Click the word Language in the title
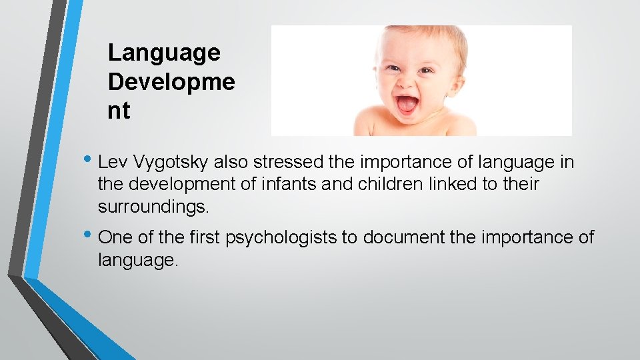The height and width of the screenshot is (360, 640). coord(164,53)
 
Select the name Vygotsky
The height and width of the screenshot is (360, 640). coord(171,162)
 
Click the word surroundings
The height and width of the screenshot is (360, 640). coord(153,207)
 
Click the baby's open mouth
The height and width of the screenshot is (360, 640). coord(407,104)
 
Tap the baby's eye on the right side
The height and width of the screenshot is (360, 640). coord(427,71)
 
